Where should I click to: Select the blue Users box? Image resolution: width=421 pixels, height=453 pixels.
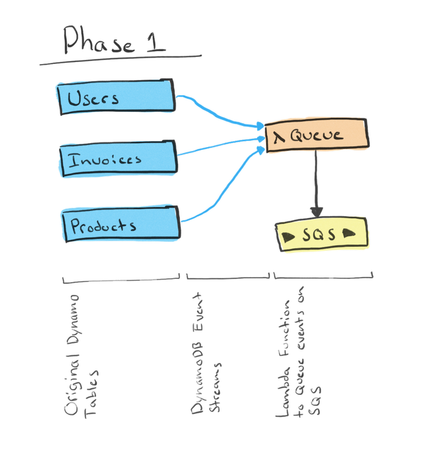pyautogui.click(x=115, y=98)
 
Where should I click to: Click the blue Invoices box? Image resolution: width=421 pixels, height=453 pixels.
pyautogui.click(x=118, y=159)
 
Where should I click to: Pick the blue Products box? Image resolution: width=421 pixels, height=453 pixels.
pyautogui.click(x=120, y=225)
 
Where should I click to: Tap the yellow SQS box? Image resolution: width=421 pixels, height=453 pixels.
pyautogui.click(x=321, y=234)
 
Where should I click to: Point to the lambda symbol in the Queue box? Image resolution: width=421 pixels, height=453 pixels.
pyautogui.click(x=279, y=136)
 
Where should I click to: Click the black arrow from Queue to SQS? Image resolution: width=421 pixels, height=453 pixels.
pyautogui.click(x=315, y=184)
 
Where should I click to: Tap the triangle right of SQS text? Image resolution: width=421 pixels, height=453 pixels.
pyautogui.click(x=349, y=232)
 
